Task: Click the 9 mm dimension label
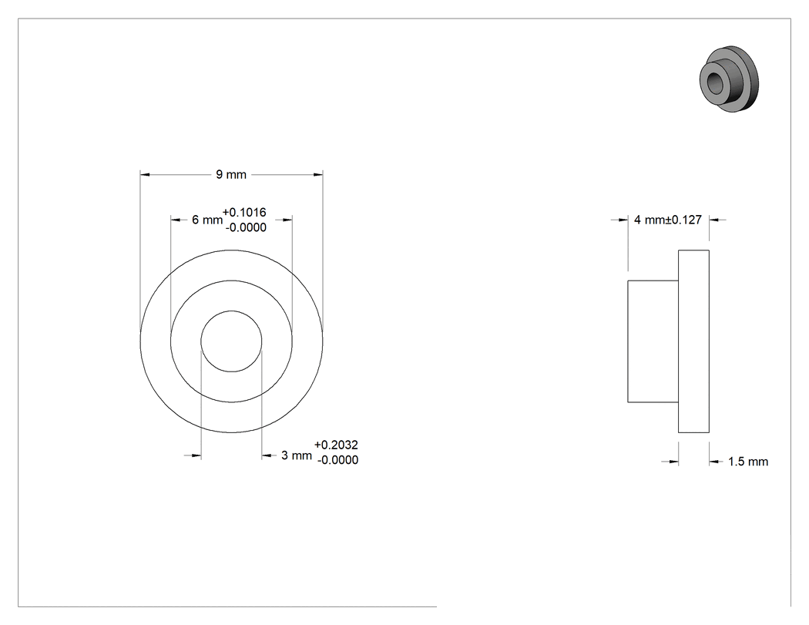[231, 174]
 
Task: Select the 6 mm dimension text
[207, 220]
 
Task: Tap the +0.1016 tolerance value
[244, 212]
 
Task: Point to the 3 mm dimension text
[297, 455]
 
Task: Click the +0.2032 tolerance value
[336, 445]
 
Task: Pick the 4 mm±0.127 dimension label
[668, 220]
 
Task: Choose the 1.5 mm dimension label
[748, 462]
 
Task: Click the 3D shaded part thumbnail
[730, 79]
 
